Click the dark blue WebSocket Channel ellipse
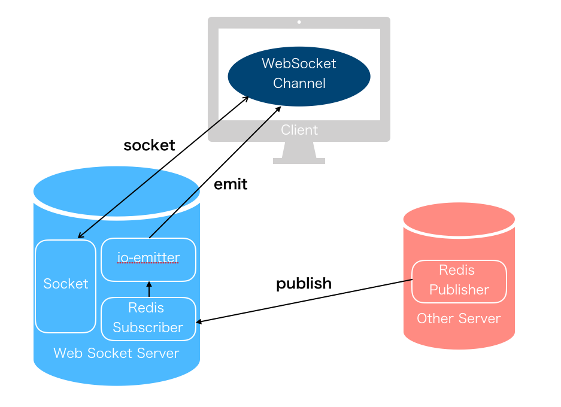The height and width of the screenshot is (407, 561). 299,76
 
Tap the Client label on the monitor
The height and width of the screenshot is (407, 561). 299,130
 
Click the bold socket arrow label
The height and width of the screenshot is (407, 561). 149,145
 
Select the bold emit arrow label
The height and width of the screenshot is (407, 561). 231,184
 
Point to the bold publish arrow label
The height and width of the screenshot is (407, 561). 304,283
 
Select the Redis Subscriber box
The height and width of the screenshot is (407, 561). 148,318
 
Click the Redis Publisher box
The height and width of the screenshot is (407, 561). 459,281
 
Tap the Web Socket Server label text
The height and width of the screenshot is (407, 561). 116,353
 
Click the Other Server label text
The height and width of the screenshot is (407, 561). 459,318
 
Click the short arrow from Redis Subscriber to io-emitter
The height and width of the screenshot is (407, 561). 149,289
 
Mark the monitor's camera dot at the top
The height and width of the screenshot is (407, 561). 299,22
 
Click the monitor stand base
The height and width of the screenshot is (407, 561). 299,160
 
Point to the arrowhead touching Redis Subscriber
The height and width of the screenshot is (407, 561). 200,322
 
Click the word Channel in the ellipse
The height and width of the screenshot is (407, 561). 299,83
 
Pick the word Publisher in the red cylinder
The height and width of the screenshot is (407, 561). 459,290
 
